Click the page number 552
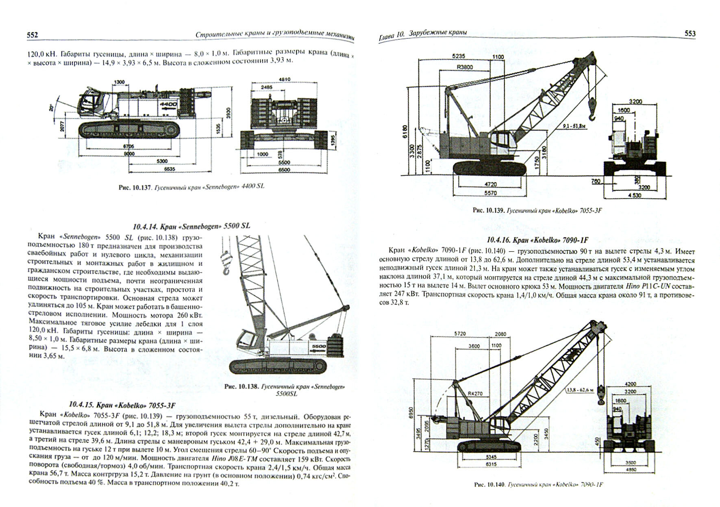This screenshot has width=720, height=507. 33,35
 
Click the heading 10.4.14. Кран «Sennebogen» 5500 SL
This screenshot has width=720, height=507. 191,226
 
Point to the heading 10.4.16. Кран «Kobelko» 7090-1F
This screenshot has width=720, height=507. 537,240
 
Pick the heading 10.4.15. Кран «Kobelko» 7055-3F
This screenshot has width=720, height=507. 122,404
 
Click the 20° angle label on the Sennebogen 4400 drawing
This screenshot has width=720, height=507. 51,108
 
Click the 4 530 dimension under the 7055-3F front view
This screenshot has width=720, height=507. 635,195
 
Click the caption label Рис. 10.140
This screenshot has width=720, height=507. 489,485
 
